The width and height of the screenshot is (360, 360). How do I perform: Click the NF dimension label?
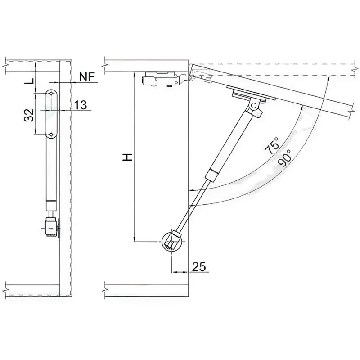point(87,77)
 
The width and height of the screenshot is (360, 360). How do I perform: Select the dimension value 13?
point(81,105)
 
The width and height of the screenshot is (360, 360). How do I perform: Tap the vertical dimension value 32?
point(29,115)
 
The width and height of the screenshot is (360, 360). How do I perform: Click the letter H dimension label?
point(127,157)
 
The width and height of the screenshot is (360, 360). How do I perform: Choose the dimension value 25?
point(199,266)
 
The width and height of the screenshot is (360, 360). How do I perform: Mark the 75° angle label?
point(272,146)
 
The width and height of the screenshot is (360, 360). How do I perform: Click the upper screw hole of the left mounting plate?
point(51,94)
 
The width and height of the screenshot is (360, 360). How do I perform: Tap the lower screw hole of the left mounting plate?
point(51,134)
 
